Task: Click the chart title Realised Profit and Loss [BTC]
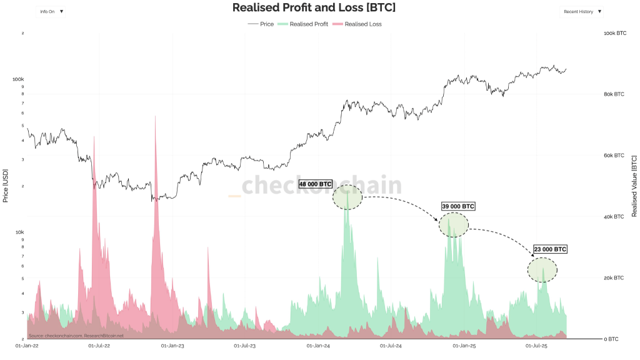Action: [x=314, y=7]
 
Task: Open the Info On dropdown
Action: [x=52, y=11]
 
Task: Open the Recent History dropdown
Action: [x=582, y=11]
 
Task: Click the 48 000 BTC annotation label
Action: [x=316, y=184]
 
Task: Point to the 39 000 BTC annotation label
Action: [x=458, y=206]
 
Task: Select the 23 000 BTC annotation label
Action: [x=551, y=249]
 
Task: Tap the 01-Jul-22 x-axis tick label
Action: [x=99, y=345]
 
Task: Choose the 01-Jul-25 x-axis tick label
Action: [x=536, y=345]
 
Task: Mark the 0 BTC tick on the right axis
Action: [x=611, y=339]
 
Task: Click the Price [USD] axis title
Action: [x=6, y=185]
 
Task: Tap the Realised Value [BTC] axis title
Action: [x=634, y=186]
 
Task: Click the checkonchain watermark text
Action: [x=322, y=186]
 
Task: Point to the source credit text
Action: [x=76, y=336]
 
